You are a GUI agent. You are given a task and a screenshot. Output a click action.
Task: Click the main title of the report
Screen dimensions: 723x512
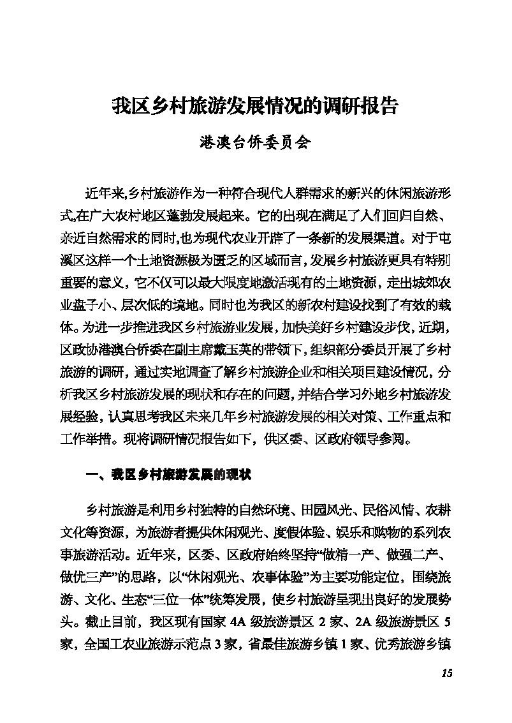click(x=255, y=105)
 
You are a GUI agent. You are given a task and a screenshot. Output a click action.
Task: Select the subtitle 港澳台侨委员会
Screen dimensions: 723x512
click(x=255, y=142)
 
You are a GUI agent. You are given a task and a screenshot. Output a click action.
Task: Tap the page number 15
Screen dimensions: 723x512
click(x=446, y=674)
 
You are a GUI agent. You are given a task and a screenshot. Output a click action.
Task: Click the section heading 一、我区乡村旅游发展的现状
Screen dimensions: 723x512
click(x=169, y=475)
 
